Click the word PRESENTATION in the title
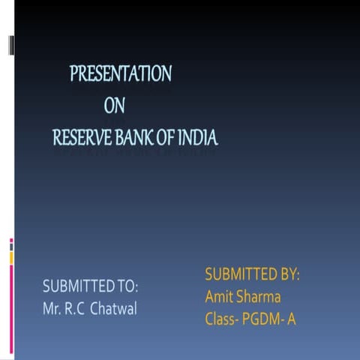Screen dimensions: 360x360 click(121, 73)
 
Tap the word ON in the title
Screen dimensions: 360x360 click(114, 106)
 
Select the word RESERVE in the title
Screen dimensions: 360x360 click(80, 138)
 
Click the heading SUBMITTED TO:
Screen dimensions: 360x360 click(91, 286)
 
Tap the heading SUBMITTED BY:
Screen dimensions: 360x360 click(252, 274)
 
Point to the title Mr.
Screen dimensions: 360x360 click(52, 309)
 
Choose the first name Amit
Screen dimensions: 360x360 click(219, 297)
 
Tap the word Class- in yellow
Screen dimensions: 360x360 click(223, 319)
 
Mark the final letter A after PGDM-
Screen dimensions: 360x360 click(292, 319)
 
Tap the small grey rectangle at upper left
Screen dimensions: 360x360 click(11, 46)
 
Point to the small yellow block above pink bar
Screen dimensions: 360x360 click(11, 257)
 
